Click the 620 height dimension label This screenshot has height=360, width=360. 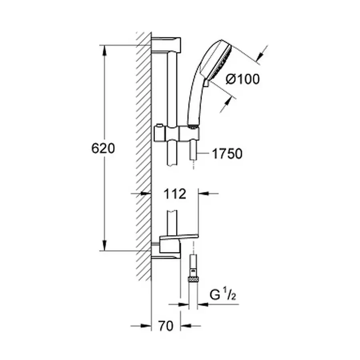[103, 148]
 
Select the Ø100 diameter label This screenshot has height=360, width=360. [242, 79]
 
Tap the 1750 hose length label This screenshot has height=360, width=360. [227, 153]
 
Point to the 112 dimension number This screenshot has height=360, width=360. [175, 194]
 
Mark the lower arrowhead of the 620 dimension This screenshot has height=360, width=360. [105, 245]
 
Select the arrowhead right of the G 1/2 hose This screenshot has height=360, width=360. [202, 305]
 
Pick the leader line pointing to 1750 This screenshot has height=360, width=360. [204, 153]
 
